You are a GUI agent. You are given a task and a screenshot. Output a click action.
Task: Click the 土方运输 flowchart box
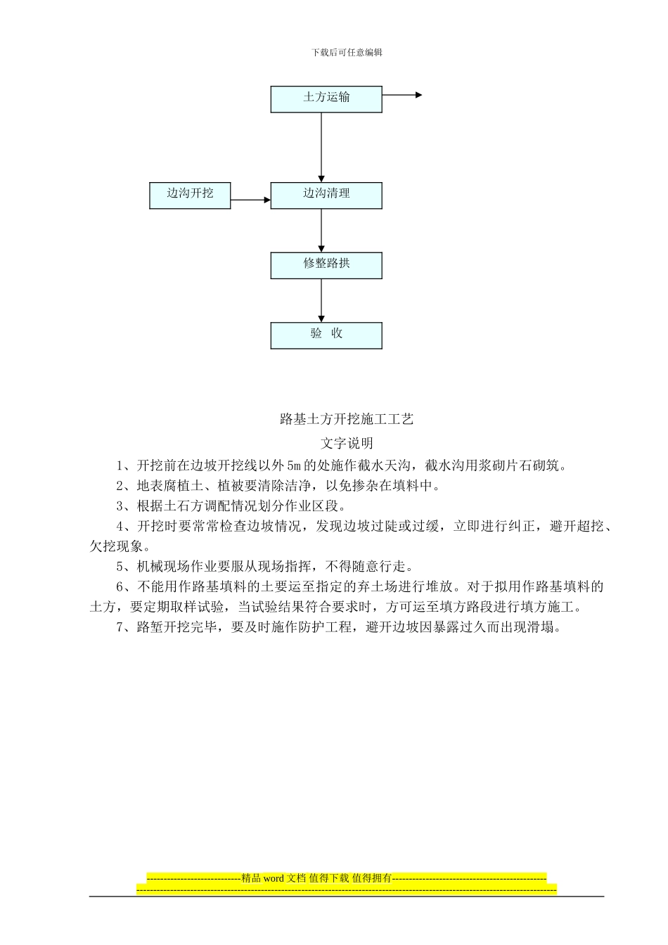click(326, 99)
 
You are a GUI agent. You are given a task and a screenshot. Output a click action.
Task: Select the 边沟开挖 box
click(190, 195)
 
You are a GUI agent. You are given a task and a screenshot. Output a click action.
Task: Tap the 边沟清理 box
click(326, 195)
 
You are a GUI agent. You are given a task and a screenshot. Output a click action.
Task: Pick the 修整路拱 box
click(326, 265)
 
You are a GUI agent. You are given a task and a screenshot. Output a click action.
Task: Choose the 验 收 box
click(326, 335)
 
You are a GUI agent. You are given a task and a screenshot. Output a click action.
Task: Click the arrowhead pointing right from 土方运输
click(419, 95)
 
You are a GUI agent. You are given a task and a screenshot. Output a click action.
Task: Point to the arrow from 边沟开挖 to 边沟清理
click(250, 200)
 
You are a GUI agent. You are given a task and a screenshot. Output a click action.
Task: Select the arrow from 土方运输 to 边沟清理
click(322, 148)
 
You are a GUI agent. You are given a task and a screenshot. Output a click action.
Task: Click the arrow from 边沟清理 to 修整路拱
click(322, 231)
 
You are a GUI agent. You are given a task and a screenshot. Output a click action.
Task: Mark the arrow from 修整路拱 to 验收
click(322, 301)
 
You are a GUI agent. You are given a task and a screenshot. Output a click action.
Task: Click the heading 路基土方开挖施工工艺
click(347, 420)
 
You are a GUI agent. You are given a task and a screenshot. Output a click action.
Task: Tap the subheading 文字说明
click(347, 444)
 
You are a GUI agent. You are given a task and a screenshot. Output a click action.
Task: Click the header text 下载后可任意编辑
click(347, 53)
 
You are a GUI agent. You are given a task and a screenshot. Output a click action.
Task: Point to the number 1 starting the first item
click(120, 465)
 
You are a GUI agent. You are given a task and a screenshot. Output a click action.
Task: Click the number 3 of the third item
click(120, 506)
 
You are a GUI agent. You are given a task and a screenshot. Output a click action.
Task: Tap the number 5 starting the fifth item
click(120, 567)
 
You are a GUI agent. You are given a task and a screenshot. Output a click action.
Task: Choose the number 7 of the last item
click(120, 628)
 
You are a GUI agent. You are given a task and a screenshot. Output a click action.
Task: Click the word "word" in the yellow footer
click(274, 878)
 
